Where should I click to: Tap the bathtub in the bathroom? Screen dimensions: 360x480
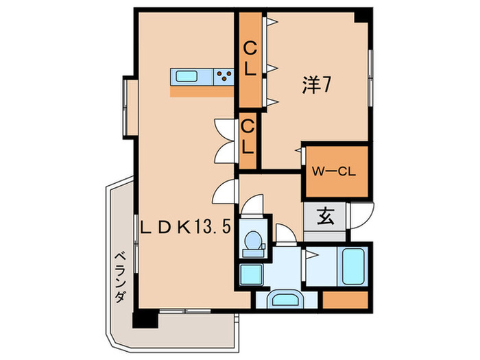(x=354, y=266)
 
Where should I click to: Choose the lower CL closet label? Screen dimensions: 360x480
(x=248, y=136)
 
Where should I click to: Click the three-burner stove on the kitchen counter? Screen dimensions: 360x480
(x=224, y=77)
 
